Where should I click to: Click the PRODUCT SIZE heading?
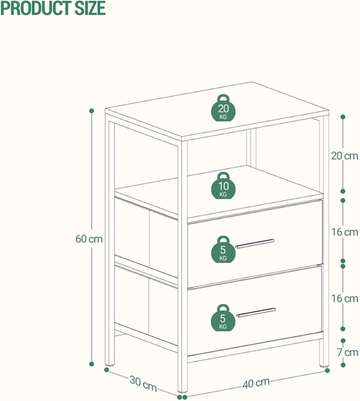point(53,8)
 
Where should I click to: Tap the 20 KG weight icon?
point(223,108)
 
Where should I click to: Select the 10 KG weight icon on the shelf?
point(223,185)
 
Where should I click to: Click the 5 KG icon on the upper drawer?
point(223,249)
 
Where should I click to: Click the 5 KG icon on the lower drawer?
point(223,318)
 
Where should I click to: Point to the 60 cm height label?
point(89,239)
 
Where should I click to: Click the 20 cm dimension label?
point(345,156)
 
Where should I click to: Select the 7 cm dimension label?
point(348,352)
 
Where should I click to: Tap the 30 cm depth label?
point(143,383)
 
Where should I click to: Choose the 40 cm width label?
point(256,383)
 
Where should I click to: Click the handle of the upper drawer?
point(255,244)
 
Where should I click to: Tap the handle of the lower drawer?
point(256,312)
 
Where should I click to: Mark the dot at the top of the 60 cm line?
point(92,111)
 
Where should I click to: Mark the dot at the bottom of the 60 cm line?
point(92,364)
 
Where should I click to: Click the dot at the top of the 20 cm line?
point(343,117)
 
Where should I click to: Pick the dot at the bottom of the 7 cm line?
point(343,365)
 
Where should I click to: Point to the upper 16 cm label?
point(345,232)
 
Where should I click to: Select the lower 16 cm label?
point(345,298)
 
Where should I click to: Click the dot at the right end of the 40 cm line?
point(327,370)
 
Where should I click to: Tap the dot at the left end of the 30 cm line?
point(107,370)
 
